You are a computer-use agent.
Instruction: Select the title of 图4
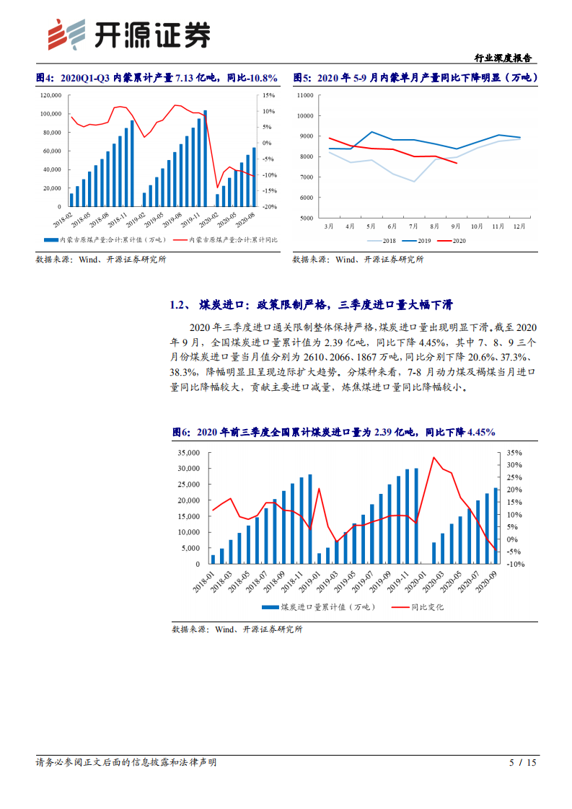[x=157, y=78]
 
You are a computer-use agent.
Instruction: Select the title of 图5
[x=415, y=78]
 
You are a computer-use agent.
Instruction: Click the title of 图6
[x=333, y=432]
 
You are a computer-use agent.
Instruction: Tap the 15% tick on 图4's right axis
[x=268, y=95]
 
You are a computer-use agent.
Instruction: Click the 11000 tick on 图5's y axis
[x=304, y=95]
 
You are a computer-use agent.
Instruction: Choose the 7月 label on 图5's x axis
[x=414, y=226]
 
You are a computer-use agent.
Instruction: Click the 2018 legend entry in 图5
[x=386, y=241]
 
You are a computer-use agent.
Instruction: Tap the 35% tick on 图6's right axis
[x=514, y=453]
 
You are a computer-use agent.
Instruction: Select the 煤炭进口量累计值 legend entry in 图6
[x=317, y=607]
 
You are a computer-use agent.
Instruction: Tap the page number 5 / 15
[x=524, y=762]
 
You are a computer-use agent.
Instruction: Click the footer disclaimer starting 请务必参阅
[x=126, y=762]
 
